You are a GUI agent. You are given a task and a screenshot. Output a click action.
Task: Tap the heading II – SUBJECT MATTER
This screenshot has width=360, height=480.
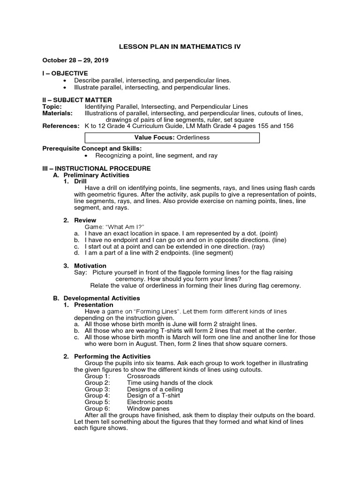(x=77, y=100)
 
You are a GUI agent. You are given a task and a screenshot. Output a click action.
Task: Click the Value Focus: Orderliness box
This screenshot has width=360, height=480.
(x=172, y=138)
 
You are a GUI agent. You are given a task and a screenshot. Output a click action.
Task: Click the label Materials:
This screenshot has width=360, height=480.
(x=57, y=113)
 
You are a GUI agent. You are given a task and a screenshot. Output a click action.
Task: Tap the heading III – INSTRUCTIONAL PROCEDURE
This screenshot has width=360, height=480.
(x=96, y=168)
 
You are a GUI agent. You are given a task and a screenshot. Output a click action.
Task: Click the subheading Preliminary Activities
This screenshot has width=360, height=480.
(x=96, y=175)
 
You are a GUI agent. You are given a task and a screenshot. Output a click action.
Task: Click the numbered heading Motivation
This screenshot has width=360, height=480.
(x=90, y=266)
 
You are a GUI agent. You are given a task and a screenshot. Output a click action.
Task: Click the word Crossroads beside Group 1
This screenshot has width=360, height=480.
(x=143, y=376)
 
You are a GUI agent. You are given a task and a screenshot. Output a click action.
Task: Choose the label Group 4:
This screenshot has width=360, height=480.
(x=97, y=396)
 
